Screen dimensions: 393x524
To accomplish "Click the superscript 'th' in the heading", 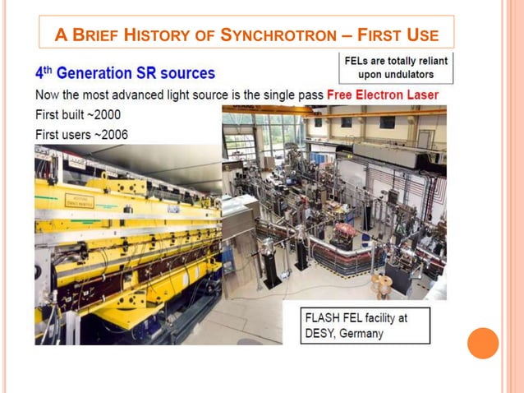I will point(48,69).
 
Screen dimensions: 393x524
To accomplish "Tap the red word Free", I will point(340,95).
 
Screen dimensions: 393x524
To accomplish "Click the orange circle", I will point(483,343).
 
